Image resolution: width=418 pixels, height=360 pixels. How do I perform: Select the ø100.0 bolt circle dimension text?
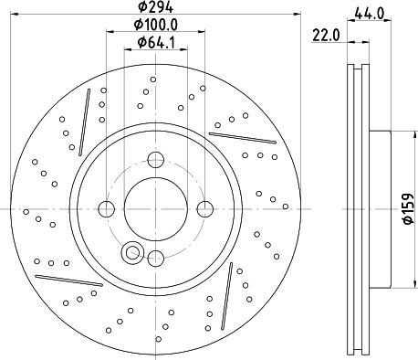pos(156,25)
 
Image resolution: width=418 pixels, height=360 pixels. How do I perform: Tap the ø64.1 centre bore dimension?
pos(155,42)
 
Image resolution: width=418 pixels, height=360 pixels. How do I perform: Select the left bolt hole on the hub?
pos(107,209)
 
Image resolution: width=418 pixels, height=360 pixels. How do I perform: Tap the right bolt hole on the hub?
pos(203,208)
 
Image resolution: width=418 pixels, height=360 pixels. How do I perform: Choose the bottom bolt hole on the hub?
pos(155,257)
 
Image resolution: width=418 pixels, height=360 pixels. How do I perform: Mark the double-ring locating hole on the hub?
pos(132,251)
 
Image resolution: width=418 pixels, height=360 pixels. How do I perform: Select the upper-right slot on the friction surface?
pos(242,137)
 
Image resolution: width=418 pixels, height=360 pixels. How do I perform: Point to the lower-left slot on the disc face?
pos(68,278)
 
